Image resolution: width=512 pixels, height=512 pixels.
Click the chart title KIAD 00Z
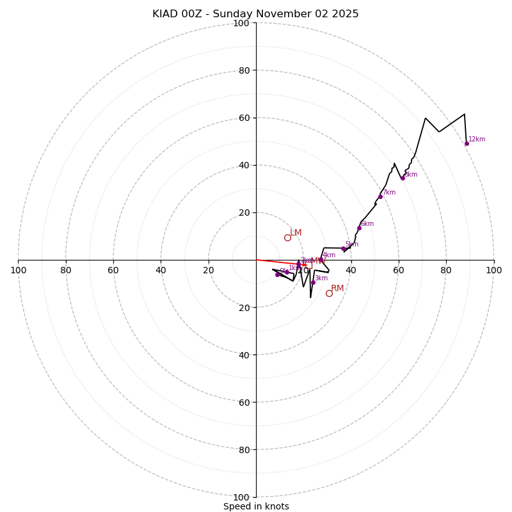[x=255, y=14]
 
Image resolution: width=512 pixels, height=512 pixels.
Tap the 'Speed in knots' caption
[x=256, y=506]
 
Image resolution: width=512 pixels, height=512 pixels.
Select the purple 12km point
[x=467, y=143]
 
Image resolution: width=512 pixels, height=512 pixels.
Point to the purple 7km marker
[x=380, y=196]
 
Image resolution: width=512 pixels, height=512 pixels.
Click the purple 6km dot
[x=359, y=228]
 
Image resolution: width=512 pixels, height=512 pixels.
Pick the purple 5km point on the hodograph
[x=343, y=249]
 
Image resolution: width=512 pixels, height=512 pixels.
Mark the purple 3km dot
[x=313, y=282]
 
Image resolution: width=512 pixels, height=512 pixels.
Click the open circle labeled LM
[x=287, y=237]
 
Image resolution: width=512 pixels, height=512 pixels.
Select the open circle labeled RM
[x=329, y=293]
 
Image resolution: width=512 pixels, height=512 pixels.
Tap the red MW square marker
[x=308, y=265]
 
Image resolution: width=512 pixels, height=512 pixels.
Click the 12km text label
[x=477, y=139]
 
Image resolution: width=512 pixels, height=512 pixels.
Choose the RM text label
[x=337, y=288]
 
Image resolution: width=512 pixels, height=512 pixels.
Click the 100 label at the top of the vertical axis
[x=241, y=23]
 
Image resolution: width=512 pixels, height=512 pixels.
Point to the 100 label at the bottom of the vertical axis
[x=241, y=497]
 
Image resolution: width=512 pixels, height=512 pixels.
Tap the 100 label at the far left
[x=19, y=270]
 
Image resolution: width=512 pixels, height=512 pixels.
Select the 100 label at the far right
[x=493, y=270]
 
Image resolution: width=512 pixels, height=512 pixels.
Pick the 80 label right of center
[x=446, y=270]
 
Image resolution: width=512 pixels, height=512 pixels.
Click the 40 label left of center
[x=161, y=270]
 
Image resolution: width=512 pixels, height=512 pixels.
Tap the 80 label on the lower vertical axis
[x=243, y=449]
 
